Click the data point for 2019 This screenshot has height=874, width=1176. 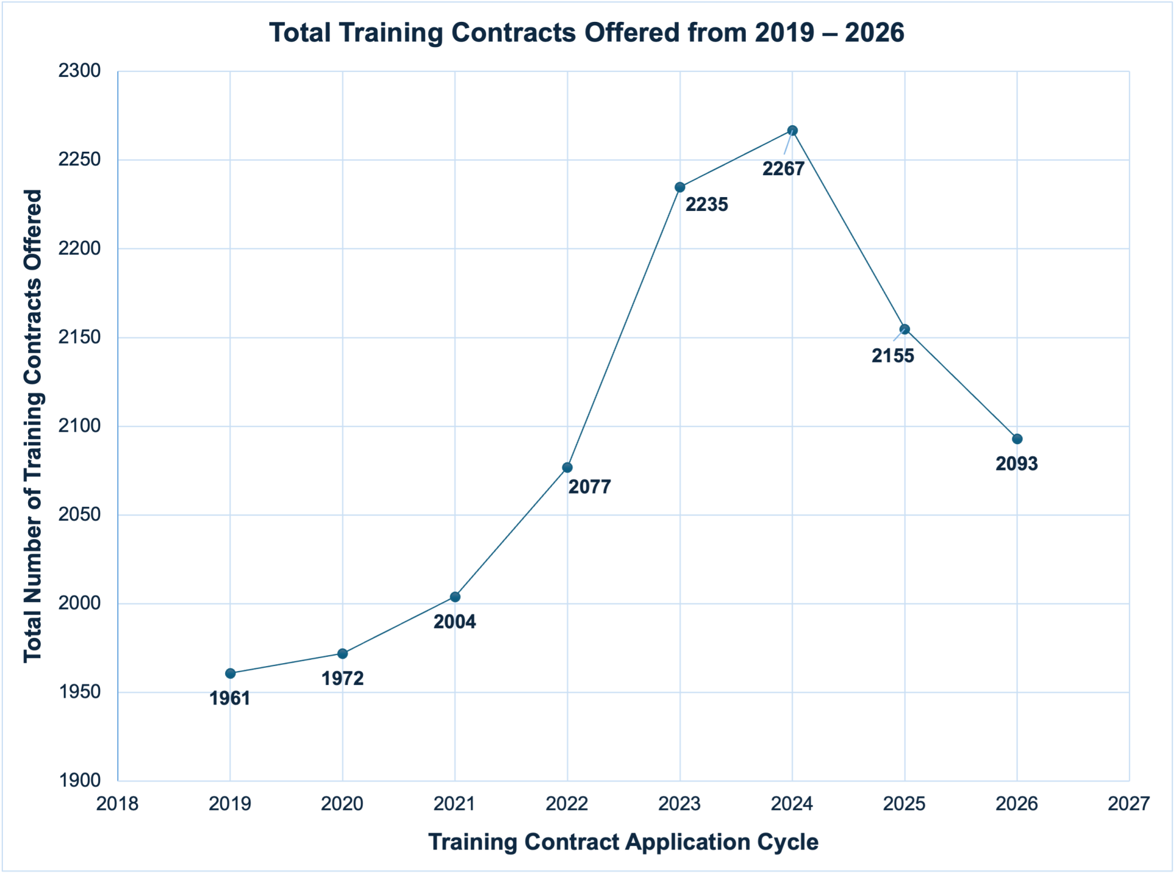click(230, 673)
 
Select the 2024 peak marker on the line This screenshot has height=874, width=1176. click(792, 130)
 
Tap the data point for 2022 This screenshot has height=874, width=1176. click(567, 468)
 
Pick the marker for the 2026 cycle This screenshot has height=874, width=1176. click(1017, 439)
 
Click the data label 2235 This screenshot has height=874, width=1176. click(707, 205)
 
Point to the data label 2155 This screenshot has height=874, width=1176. click(893, 356)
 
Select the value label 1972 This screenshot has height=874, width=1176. click(343, 679)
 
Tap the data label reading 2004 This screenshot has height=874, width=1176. click(455, 622)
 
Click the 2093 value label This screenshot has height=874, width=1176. click(1017, 464)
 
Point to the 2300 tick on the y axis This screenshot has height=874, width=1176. click(80, 71)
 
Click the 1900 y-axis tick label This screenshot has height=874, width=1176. click(80, 781)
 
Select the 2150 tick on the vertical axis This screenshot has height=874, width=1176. click(80, 337)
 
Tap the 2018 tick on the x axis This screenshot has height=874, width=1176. click(118, 804)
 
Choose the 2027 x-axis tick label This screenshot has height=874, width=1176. click(1129, 804)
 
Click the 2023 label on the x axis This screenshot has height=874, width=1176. click(680, 804)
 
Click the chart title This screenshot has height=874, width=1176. click(587, 33)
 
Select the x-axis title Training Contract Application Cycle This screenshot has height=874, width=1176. click(624, 842)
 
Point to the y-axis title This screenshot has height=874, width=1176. click(33, 426)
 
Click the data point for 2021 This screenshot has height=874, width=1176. click(455, 597)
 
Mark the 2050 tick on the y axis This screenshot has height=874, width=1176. click(80, 515)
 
